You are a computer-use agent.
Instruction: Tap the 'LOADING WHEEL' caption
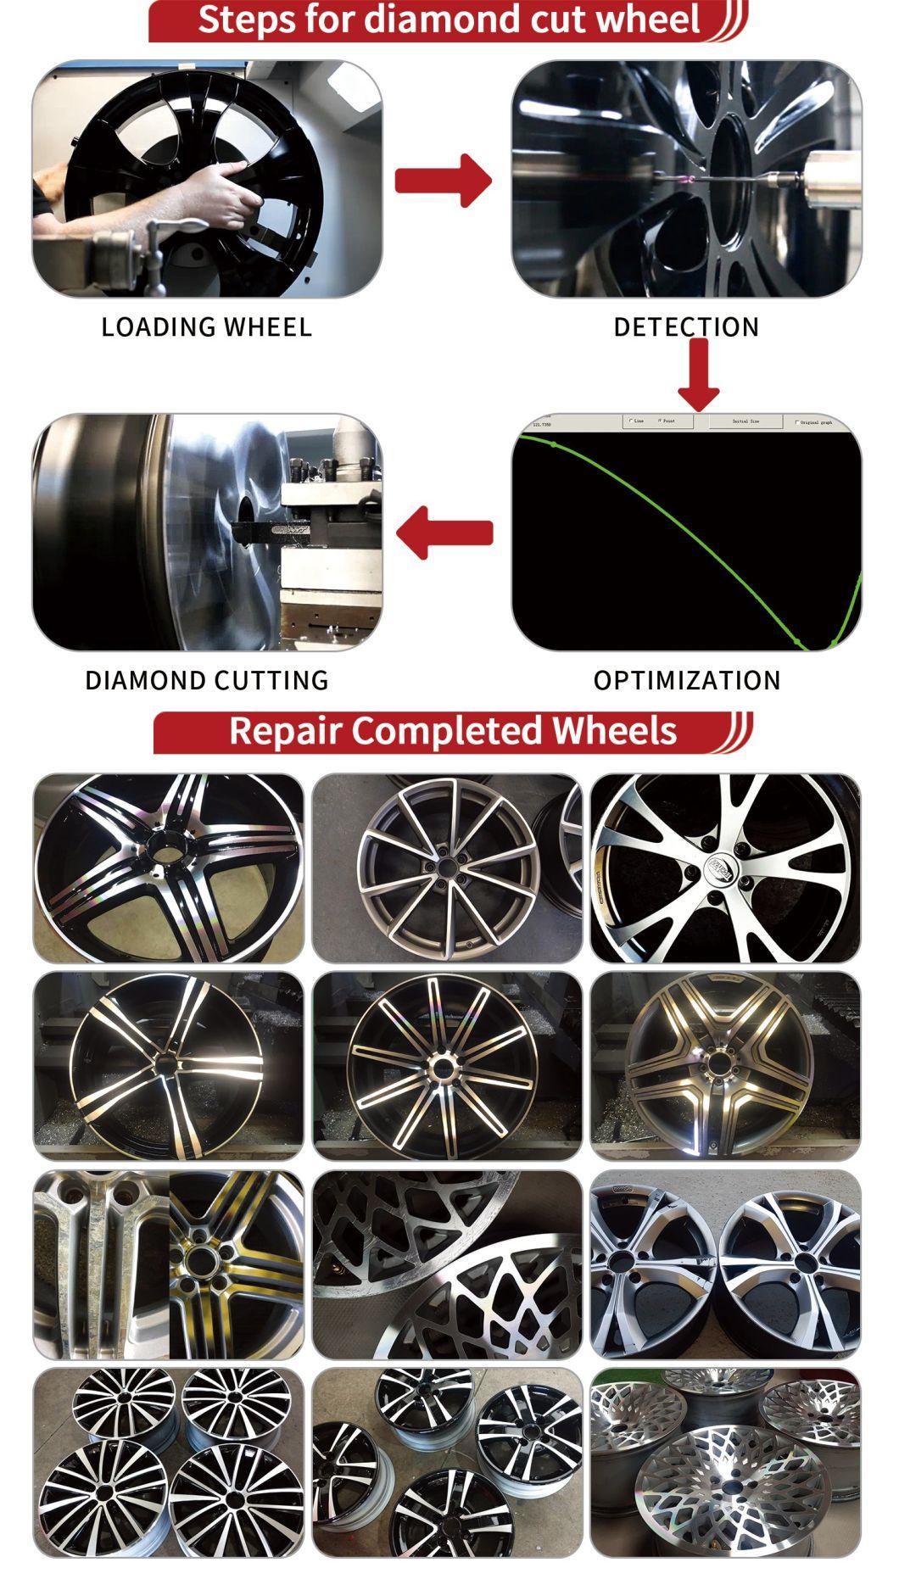tap(206, 327)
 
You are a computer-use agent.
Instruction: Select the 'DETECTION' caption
tap(686, 327)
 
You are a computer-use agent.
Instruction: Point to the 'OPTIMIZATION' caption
tap(686, 680)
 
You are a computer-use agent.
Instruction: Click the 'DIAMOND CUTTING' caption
tap(206, 680)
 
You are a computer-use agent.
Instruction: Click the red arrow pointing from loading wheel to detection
tap(443, 180)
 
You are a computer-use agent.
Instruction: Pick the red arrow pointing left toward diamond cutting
tap(444, 533)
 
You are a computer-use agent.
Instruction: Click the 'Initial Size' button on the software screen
tap(745, 421)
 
